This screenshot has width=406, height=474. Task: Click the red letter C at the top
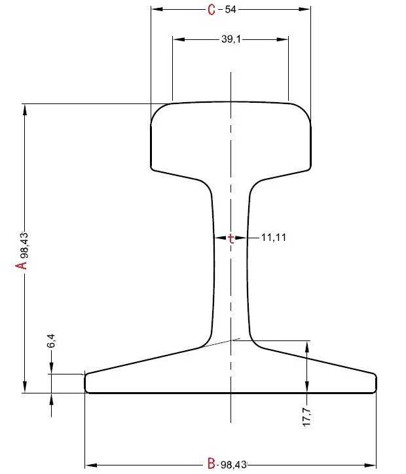pyautogui.click(x=211, y=9)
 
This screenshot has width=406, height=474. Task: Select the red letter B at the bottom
pyautogui.click(x=211, y=464)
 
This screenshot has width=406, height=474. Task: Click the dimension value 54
pyautogui.click(x=231, y=9)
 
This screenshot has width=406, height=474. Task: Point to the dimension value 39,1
pyautogui.click(x=231, y=39)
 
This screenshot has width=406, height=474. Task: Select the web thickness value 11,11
pyautogui.click(x=274, y=238)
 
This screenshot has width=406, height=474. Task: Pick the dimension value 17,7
pyautogui.click(x=306, y=418)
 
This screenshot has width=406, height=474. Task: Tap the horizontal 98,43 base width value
pyautogui.click(x=233, y=464)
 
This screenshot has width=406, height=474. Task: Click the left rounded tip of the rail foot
pyautogui.click(x=86, y=383)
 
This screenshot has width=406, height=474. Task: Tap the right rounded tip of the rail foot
pyautogui.click(x=375, y=383)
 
